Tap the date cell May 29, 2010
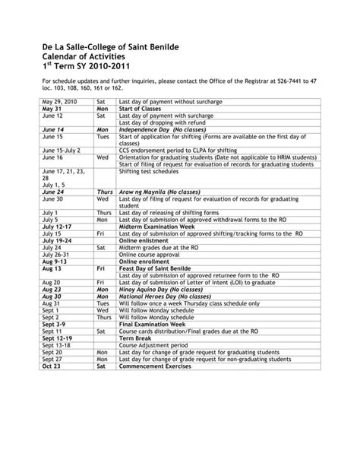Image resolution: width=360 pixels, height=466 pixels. pos(61,100)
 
